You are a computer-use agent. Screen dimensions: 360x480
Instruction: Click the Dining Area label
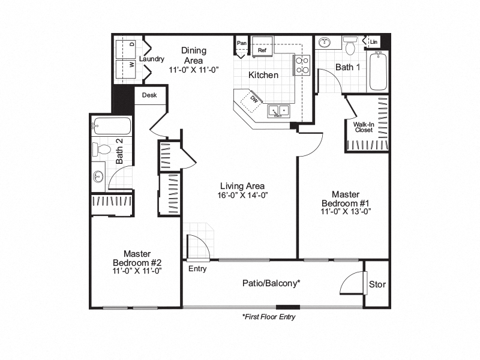click(193, 56)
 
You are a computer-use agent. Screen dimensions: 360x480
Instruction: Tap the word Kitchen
click(264, 75)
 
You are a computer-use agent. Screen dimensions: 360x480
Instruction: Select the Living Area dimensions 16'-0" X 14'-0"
click(242, 194)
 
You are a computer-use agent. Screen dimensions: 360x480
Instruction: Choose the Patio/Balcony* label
click(271, 283)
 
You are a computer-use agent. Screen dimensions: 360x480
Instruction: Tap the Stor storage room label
click(377, 284)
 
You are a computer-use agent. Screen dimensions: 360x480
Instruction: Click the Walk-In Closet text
click(364, 127)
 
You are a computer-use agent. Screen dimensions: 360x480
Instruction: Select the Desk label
click(149, 95)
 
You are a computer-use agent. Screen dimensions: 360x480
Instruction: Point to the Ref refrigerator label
click(262, 51)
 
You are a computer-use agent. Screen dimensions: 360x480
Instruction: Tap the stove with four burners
click(302, 65)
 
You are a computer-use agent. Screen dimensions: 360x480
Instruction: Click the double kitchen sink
click(279, 110)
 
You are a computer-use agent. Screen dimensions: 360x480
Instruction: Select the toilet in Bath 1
click(350, 44)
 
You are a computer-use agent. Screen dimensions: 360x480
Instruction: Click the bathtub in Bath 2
click(112, 127)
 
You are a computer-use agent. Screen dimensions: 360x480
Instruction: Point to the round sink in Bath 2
click(98, 176)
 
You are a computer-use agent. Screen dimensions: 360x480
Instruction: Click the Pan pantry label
click(242, 43)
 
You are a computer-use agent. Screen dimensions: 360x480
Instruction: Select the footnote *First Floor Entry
click(269, 316)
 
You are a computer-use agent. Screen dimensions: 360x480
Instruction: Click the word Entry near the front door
click(197, 269)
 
